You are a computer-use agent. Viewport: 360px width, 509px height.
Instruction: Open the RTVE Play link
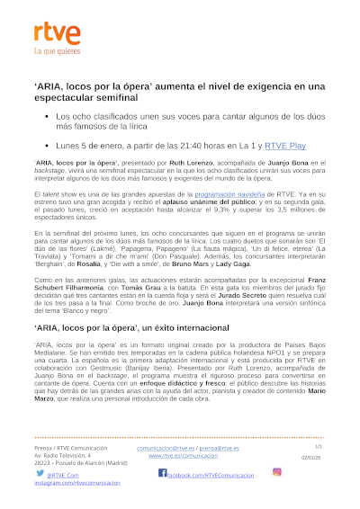point(261,144)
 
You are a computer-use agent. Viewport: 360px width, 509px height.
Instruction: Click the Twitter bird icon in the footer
point(40,472)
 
